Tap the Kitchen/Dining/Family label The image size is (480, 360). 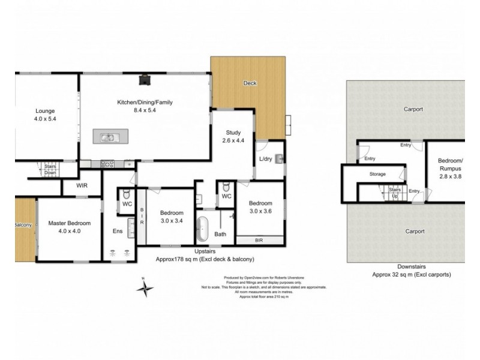[x=145, y=103]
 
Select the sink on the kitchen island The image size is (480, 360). [x=109, y=137]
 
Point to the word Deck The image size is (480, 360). [x=250, y=83]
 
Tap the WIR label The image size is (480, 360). [x=82, y=186]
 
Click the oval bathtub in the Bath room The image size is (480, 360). [x=205, y=229]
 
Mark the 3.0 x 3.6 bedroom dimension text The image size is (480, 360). [x=261, y=211]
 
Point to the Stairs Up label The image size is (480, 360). [x=394, y=191]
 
